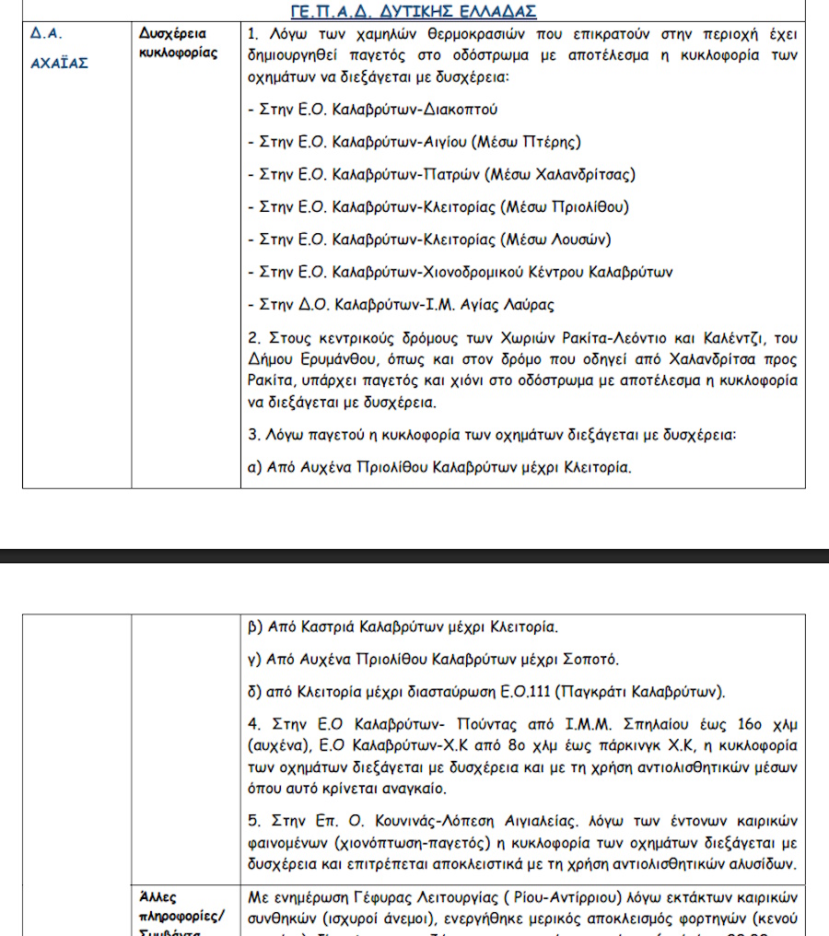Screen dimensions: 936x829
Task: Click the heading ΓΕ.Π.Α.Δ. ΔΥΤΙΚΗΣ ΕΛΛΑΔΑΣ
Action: click(413, 11)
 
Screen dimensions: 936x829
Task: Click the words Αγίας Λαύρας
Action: click(511, 304)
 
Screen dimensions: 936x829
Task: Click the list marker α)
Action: click(256, 467)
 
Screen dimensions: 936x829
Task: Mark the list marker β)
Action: click(256, 628)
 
